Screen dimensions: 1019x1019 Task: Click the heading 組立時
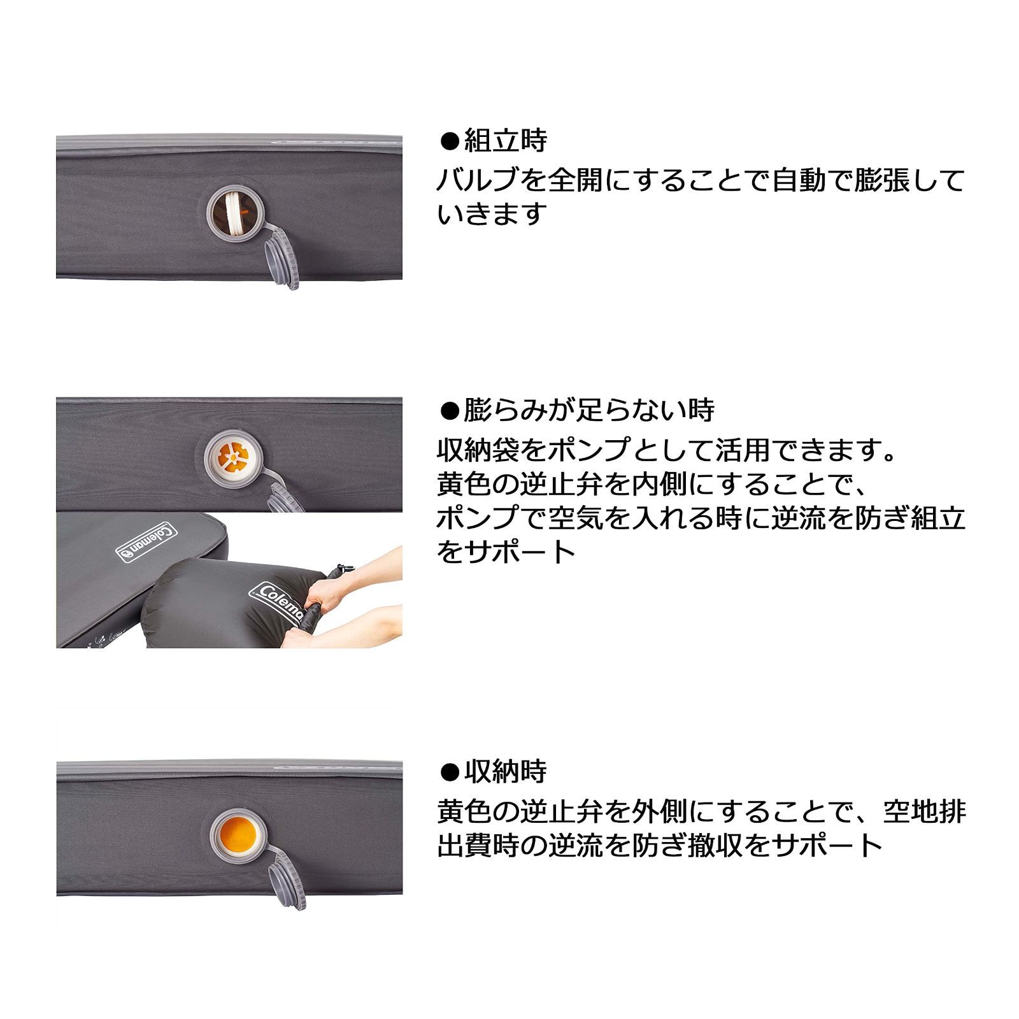tap(505, 141)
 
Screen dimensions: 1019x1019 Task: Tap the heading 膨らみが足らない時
tap(588, 410)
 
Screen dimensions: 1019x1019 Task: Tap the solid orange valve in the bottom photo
tap(237, 835)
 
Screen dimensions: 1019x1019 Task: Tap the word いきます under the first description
tap(492, 214)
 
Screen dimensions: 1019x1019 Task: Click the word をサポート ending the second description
tap(506, 552)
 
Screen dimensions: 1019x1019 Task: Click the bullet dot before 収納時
tap(450, 772)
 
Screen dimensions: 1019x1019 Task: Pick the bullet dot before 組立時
tap(450, 141)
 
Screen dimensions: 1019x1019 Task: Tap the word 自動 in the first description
tap(804, 180)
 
